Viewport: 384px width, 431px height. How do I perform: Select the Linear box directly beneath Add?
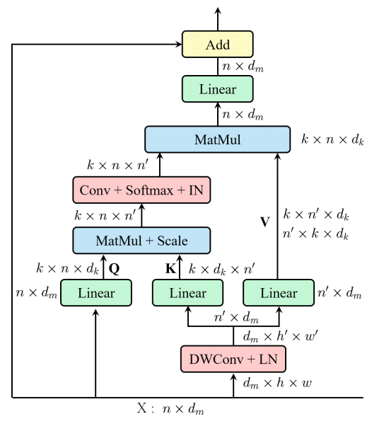pyautogui.click(x=217, y=91)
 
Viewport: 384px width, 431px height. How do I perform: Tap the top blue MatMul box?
pyautogui.click(x=217, y=139)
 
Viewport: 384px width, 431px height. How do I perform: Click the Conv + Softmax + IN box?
pyautogui.click(x=141, y=190)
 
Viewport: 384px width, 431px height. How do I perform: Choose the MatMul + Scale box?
pyautogui.click(x=141, y=240)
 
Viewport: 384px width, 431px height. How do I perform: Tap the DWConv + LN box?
pyautogui.click(x=233, y=360)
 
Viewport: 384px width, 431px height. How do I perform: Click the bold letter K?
pyautogui.click(x=170, y=268)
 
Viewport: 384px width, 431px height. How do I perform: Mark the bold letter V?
pyautogui.click(x=266, y=221)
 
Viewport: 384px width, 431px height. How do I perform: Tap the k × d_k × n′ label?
pyautogui.click(x=221, y=268)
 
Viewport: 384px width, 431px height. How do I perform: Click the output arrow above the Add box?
pyautogui.click(x=217, y=17)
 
